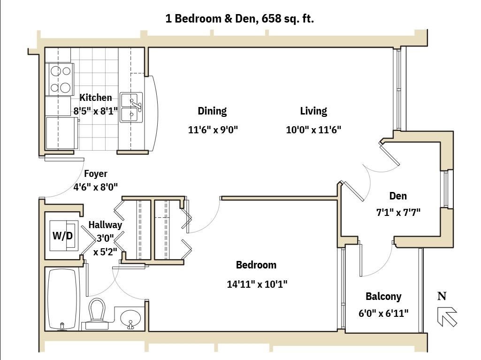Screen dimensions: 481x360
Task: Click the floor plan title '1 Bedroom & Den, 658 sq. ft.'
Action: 240,19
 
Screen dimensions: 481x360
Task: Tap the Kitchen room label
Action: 96,98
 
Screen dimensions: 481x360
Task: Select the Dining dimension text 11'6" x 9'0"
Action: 213,130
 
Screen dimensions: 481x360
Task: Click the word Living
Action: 313,111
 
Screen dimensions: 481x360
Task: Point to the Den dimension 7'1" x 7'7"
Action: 398,212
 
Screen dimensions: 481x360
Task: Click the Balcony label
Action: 383,297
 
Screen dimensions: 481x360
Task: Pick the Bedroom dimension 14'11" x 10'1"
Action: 257,284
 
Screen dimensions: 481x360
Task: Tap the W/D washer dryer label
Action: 62,236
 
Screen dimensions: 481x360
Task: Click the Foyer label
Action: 96,174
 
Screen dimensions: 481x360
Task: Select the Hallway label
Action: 105,225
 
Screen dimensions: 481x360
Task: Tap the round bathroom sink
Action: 130,319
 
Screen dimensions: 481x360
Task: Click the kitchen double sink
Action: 131,107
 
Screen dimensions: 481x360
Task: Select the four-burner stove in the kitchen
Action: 60,79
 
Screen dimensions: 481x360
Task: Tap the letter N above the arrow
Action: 442,296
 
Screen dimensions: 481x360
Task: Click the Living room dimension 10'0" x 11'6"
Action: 313,130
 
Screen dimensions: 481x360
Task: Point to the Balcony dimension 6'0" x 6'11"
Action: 383,314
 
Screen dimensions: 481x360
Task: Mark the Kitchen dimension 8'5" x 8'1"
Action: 96,111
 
